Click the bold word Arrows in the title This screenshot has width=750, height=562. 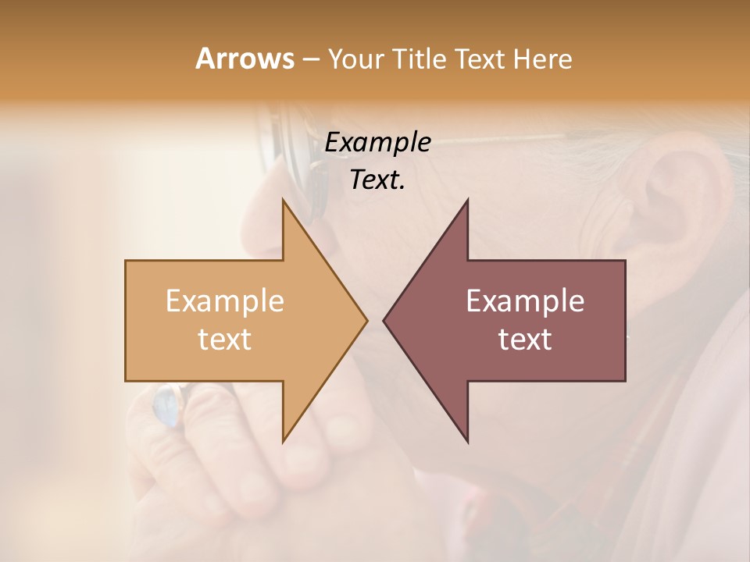point(245,59)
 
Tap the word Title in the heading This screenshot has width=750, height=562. point(420,59)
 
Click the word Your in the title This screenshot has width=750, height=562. point(356,59)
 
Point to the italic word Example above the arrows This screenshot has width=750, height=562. point(377,143)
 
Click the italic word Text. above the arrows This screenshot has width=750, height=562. point(377,180)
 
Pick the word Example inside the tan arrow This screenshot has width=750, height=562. point(225,301)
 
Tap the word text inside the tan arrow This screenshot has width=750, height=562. point(225,340)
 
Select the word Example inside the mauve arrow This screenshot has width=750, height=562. point(525,301)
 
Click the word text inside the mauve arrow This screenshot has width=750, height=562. point(525,340)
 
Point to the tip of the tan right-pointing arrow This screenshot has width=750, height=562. point(366,320)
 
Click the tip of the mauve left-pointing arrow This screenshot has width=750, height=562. point(384,320)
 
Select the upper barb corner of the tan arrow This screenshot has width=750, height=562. point(283,200)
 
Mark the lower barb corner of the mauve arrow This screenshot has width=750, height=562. point(467,442)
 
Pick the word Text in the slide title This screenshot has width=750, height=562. point(479,59)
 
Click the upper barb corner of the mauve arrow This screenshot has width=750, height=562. point(467,200)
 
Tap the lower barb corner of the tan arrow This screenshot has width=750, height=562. point(283,442)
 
